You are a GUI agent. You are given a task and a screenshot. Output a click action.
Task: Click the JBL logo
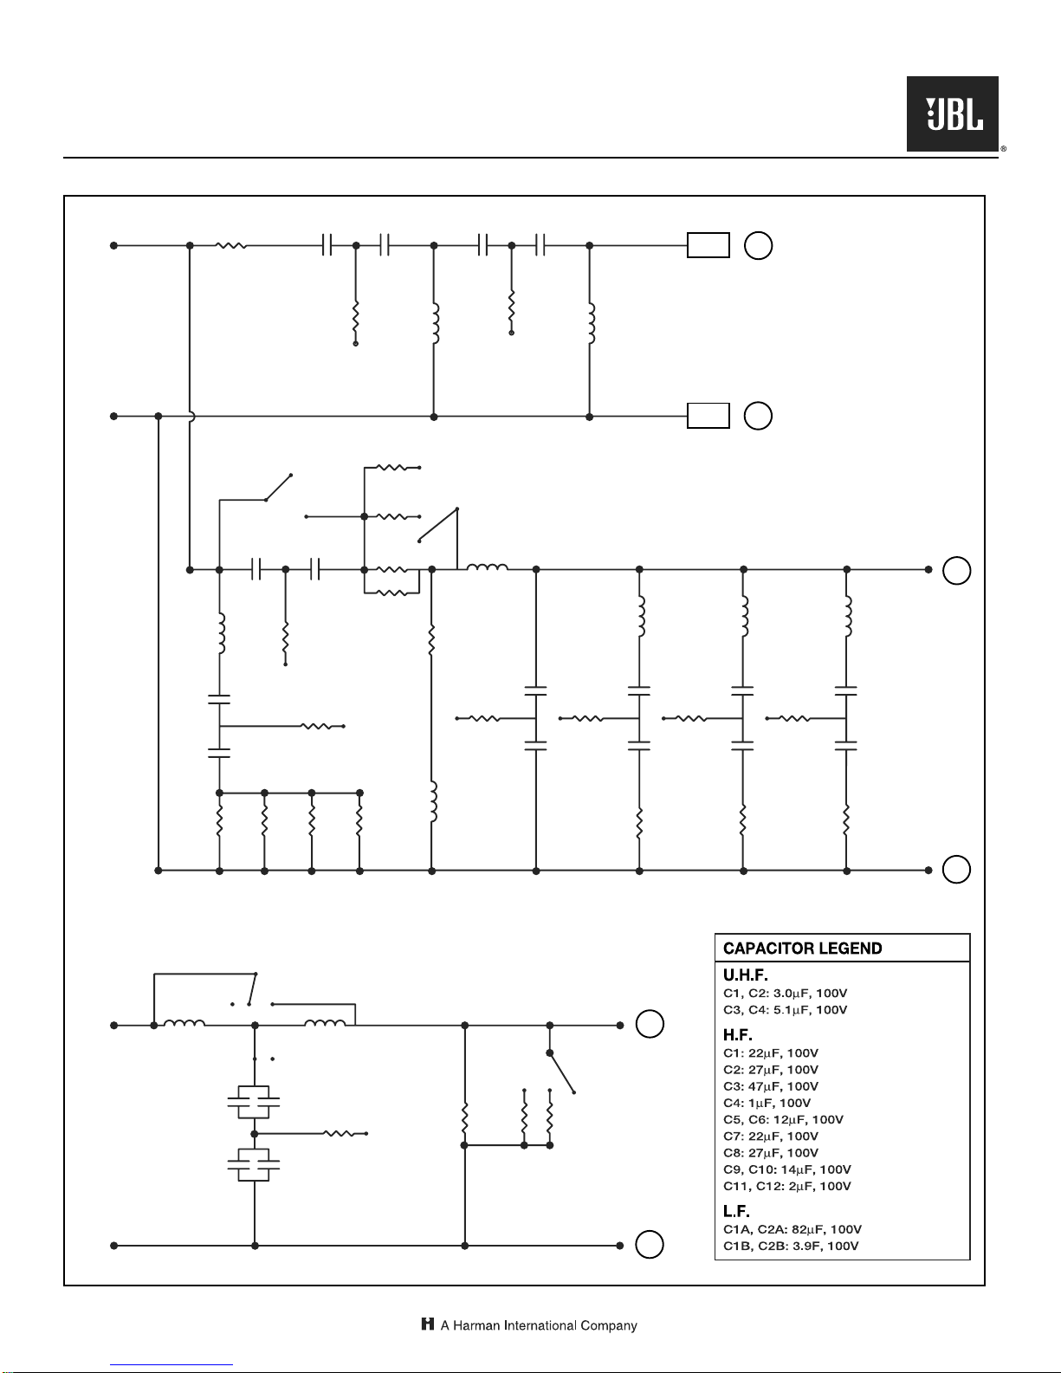pos(953,113)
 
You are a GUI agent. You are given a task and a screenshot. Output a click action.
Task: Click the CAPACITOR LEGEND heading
pos(802,949)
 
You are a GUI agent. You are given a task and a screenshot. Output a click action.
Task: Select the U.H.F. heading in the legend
pos(745,975)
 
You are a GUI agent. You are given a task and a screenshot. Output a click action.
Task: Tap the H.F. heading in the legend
pos(738,1035)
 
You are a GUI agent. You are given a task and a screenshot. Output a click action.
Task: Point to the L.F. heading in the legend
pos(736,1211)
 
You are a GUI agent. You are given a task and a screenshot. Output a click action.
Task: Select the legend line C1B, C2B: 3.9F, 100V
pos(791,1246)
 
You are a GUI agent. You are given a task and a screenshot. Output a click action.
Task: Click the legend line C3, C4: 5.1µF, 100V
pos(785,1010)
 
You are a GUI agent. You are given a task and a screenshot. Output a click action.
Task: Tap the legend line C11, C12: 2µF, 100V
pos(787,1186)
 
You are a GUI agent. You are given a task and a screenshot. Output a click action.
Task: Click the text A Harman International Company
pos(539,1325)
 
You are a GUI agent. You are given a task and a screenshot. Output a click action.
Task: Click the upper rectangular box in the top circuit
pos(708,245)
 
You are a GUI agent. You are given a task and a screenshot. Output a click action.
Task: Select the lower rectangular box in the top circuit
pos(708,416)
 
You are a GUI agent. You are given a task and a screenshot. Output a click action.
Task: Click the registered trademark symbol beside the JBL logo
pos(1004,149)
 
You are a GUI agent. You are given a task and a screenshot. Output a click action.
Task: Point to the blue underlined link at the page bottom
pos(171,1365)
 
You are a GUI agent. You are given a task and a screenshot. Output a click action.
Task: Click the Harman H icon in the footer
pos(428,1324)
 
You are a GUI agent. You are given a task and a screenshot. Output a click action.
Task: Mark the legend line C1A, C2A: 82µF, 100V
pos(793,1229)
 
